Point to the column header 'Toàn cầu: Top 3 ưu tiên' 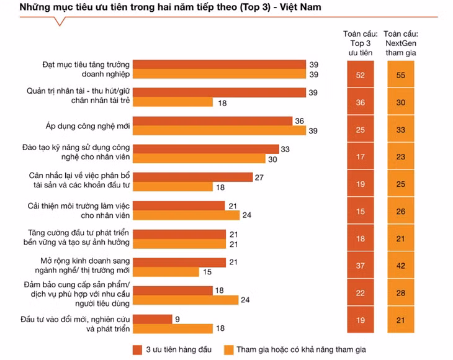[358, 43]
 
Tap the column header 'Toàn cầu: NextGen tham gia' [400, 43]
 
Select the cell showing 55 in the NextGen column [400, 75]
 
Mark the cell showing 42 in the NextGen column [400, 266]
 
